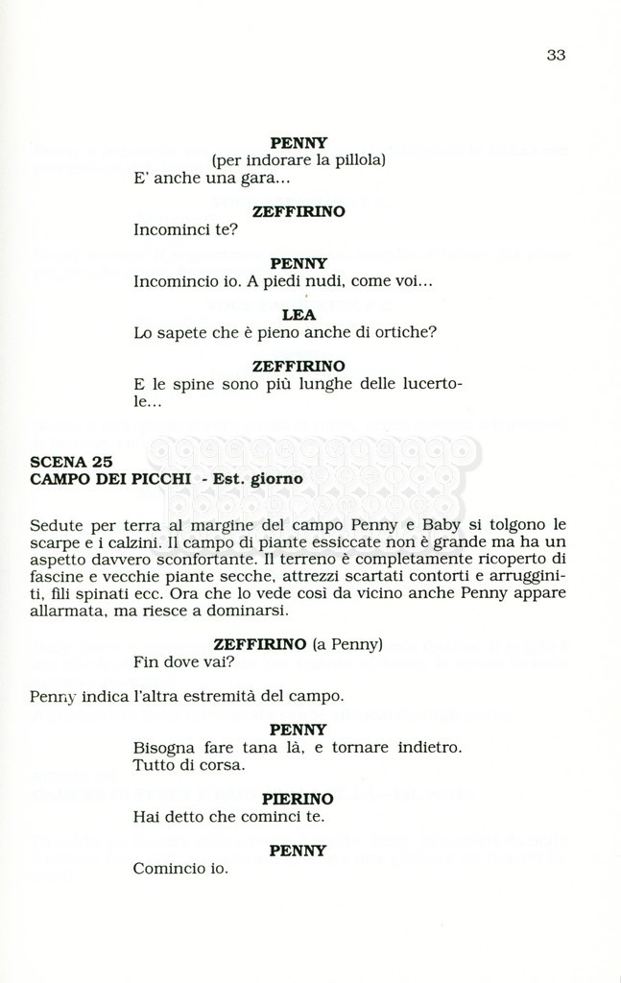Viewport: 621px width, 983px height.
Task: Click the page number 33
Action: (556, 55)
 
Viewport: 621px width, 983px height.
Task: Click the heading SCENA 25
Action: (72, 461)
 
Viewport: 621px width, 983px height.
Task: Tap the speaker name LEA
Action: (299, 314)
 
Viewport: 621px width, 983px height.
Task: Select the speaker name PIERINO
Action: (299, 799)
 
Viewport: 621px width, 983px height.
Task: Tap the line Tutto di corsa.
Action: (190, 765)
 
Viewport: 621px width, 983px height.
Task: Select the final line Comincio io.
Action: (180, 869)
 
